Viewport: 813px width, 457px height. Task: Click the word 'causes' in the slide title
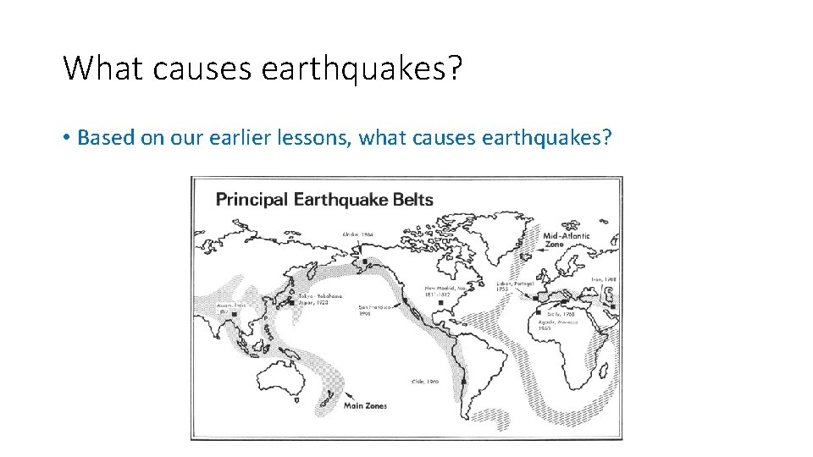(202, 68)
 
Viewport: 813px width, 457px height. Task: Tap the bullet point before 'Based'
(67, 138)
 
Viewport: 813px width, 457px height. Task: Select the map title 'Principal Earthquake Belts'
(324, 200)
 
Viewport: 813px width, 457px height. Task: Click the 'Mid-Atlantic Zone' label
(566, 240)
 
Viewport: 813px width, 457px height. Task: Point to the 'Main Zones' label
(365, 405)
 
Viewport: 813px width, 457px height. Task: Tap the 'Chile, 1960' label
(427, 382)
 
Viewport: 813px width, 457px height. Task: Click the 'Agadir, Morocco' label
(557, 325)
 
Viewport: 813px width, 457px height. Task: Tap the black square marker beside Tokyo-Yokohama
(292, 301)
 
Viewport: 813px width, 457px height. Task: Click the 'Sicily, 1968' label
(561, 312)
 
